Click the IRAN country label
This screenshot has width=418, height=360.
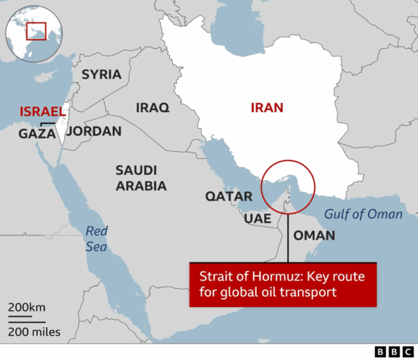[268, 108]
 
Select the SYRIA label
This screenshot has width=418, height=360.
[101, 75]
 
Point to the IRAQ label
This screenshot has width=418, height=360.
[152, 108]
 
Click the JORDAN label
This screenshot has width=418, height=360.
[93, 131]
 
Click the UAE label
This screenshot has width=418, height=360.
[257, 219]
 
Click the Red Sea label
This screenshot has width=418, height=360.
[98, 239]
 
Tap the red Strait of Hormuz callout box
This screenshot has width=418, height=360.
[282, 284]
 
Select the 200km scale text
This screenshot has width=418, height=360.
[28, 308]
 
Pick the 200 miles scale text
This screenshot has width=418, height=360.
[34, 331]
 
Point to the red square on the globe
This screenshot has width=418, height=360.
[36, 30]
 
